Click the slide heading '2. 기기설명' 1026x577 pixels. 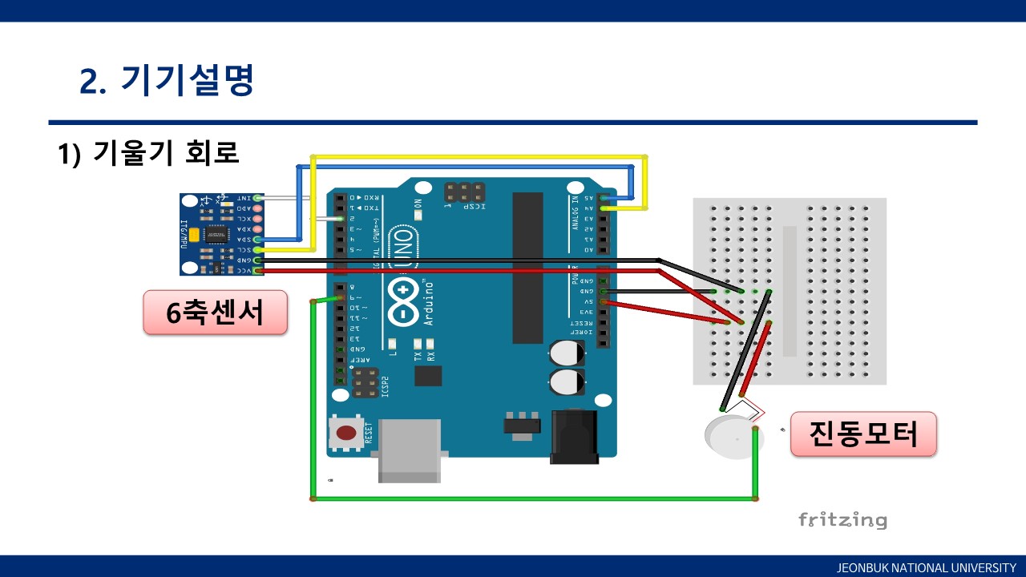coord(167,80)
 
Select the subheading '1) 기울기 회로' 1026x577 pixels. coord(148,152)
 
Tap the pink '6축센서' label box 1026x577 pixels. coord(215,313)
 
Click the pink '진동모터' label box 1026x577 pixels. coord(863,434)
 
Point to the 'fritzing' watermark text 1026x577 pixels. coord(842,519)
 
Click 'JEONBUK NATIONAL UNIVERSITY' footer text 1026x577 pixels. coord(926,567)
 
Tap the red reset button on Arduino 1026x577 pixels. coord(346,434)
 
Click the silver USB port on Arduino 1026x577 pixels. coord(409,450)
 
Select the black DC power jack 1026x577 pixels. coord(574,437)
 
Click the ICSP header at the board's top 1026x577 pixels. coord(464,192)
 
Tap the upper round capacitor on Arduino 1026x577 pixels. coord(567,353)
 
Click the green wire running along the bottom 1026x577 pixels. coord(533,498)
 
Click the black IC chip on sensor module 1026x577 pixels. coord(216,234)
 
